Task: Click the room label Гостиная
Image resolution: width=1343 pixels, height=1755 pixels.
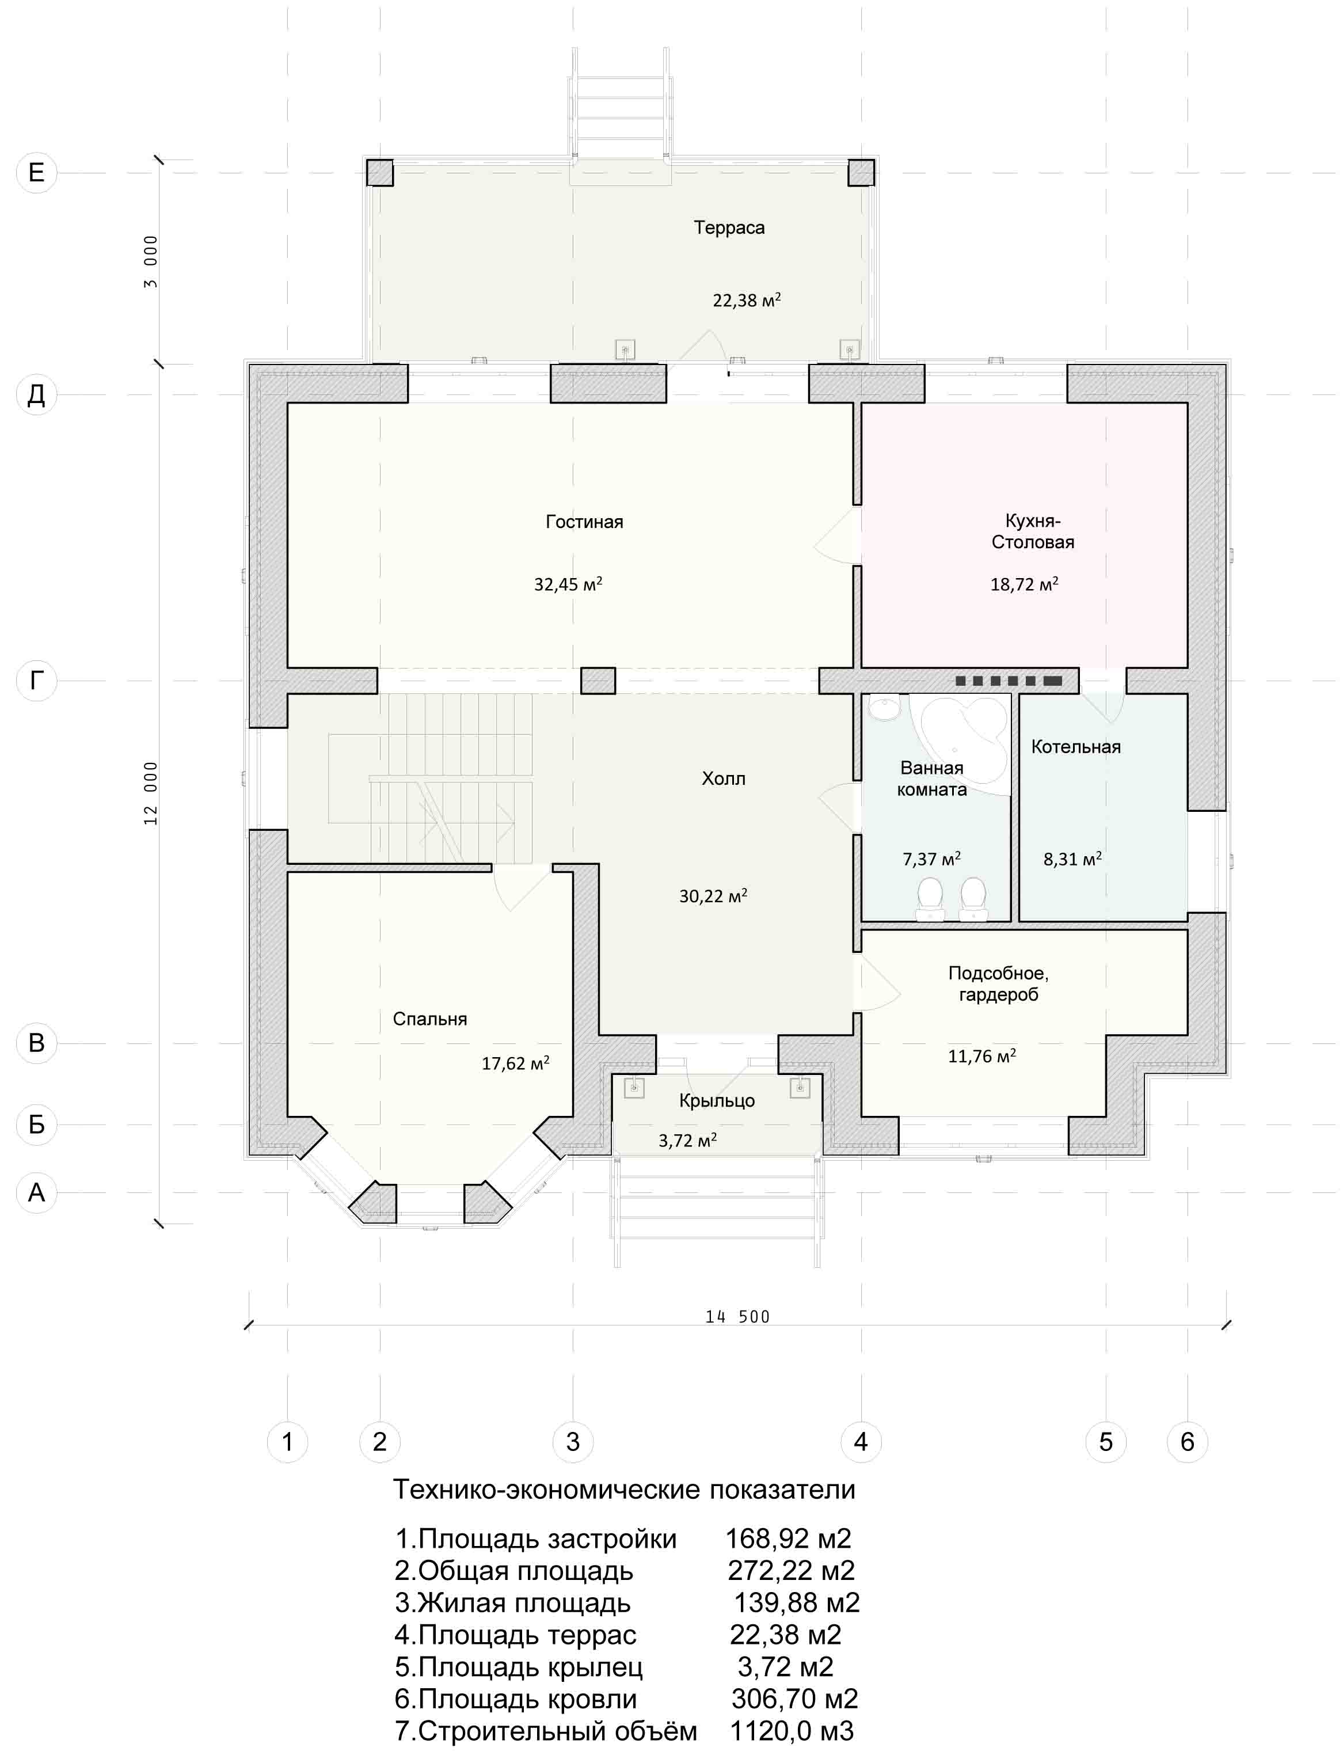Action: [x=584, y=522]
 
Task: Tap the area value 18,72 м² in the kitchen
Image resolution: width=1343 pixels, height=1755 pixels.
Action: [x=1024, y=584]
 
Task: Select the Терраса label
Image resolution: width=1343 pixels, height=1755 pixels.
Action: [x=729, y=228]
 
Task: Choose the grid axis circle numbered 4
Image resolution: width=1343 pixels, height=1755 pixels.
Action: [x=861, y=1442]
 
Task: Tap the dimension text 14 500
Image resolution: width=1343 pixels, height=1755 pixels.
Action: [x=737, y=1317]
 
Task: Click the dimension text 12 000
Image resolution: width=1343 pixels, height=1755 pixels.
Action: [x=151, y=793]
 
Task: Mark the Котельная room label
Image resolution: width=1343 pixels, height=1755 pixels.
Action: [x=1076, y=747]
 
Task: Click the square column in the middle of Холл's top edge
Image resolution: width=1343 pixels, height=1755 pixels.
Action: [x=598, y=681]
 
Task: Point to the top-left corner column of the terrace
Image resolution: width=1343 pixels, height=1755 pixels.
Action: [x=380, y=173]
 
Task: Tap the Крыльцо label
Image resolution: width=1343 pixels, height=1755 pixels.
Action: [x=717, y=1101]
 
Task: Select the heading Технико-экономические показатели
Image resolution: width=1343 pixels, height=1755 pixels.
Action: [x=625, y=1490]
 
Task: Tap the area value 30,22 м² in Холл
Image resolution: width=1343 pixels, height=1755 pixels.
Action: [x=713, y=895]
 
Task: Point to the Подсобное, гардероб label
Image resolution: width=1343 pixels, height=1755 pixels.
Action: [x=998, y=984]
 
